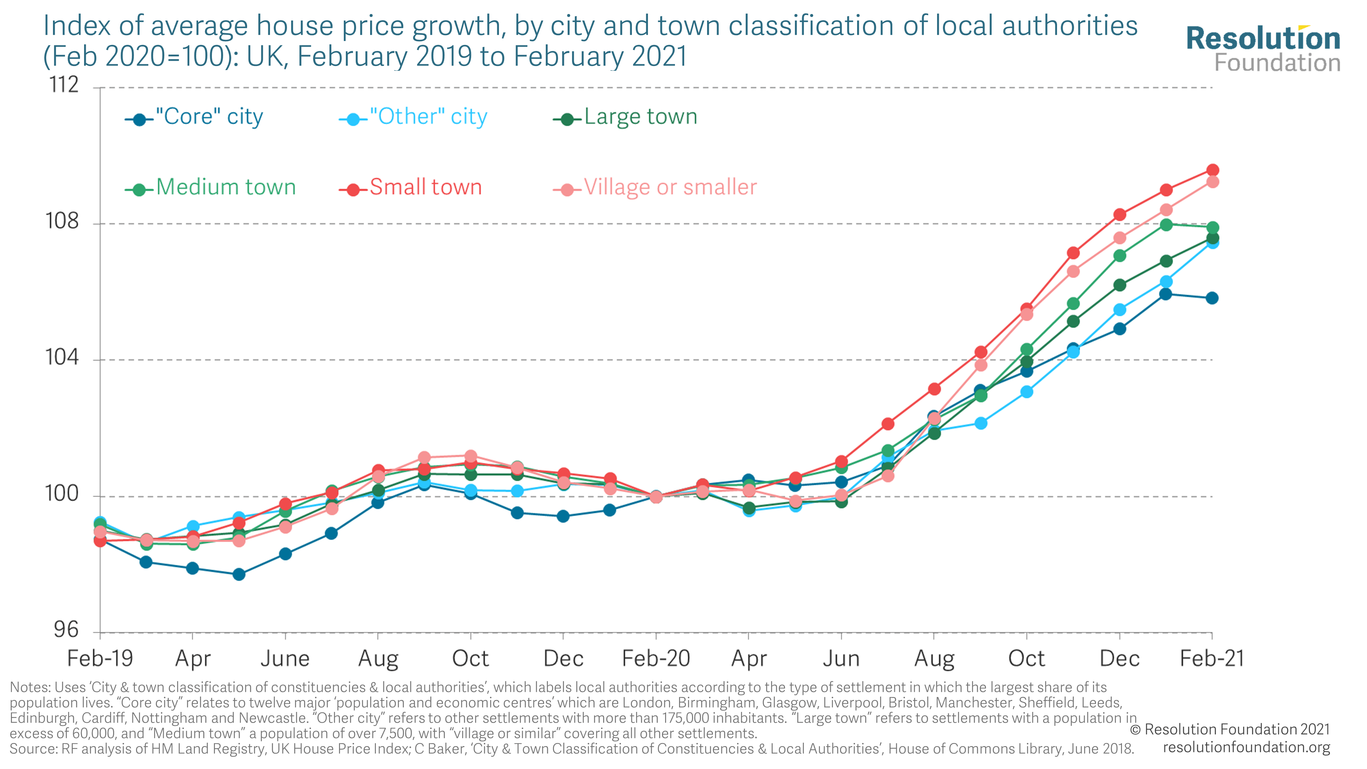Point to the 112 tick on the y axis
point(64,85)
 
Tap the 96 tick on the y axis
point(66,630)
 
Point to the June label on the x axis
point(285,659)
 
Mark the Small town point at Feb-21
point(1213,170)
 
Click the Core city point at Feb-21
point(1212,298)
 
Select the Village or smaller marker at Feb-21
point(1213,182)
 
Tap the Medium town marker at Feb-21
point(1213,228)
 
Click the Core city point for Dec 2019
point(563,516)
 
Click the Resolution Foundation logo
point(1263,49)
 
